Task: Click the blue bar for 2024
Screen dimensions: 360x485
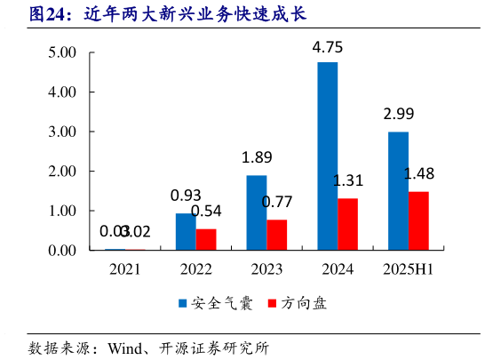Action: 327,156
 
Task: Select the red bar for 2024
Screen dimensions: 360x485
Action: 347,224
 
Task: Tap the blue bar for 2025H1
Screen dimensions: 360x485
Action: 398,191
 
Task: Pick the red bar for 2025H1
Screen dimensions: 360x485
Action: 418,220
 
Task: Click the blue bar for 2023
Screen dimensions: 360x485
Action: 256,212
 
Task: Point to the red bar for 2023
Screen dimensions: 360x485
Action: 276,235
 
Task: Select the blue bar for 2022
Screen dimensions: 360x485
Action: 185,232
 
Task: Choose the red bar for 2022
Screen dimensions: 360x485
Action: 206,239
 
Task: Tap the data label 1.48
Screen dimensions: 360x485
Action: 418,174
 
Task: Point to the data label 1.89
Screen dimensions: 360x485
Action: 257,158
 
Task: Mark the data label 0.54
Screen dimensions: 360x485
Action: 207,212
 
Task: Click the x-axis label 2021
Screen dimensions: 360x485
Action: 124,269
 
